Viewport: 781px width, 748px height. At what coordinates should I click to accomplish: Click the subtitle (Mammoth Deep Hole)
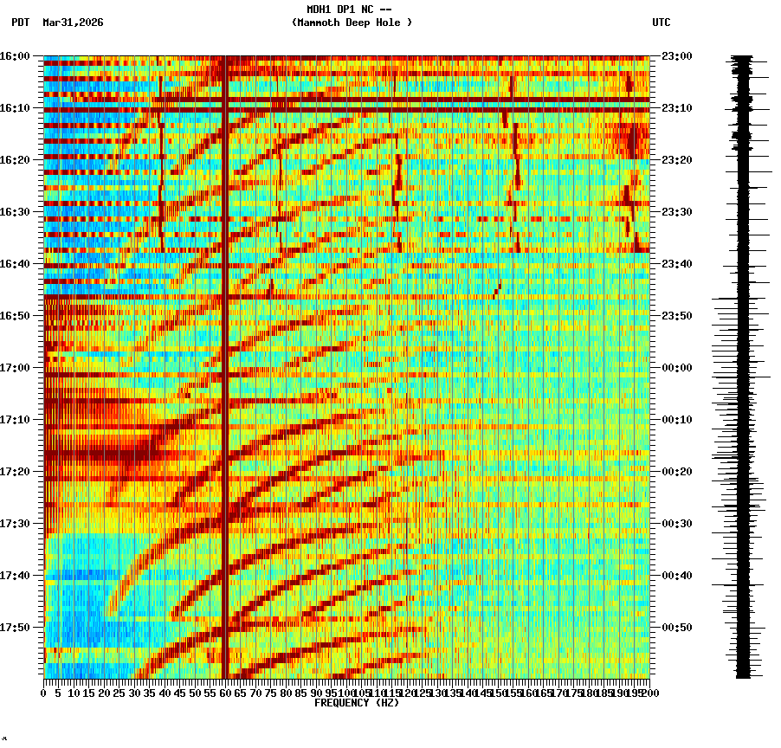click(352, 23)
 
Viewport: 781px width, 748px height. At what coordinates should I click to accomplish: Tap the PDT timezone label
click(21, 23)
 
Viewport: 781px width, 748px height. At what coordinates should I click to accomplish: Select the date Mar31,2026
click(73, 23)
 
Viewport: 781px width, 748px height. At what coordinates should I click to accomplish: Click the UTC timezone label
click(661, 23)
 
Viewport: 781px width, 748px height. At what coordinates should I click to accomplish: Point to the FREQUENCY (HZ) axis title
click(355, 703)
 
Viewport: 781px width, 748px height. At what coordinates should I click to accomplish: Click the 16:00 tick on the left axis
click(15, 56)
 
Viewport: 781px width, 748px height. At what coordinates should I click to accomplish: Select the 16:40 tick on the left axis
click(15, 264)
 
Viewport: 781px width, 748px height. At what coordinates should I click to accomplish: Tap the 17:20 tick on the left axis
click(15, 472)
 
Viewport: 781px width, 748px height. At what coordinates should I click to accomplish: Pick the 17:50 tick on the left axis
click(15, 628)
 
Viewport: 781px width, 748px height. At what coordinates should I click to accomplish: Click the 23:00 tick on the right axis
click(676, 56)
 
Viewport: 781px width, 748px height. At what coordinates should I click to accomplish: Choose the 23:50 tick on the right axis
click(676, 316)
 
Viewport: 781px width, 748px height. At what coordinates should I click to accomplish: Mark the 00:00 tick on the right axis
click(676, 368)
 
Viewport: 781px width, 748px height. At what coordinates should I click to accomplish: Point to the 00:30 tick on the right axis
click(676, 524)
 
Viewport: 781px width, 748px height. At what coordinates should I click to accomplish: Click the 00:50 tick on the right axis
click(676, 628)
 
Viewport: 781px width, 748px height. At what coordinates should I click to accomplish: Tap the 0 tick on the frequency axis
click(44, 693)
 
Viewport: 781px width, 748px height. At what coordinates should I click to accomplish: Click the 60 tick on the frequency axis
click(225, 693)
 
